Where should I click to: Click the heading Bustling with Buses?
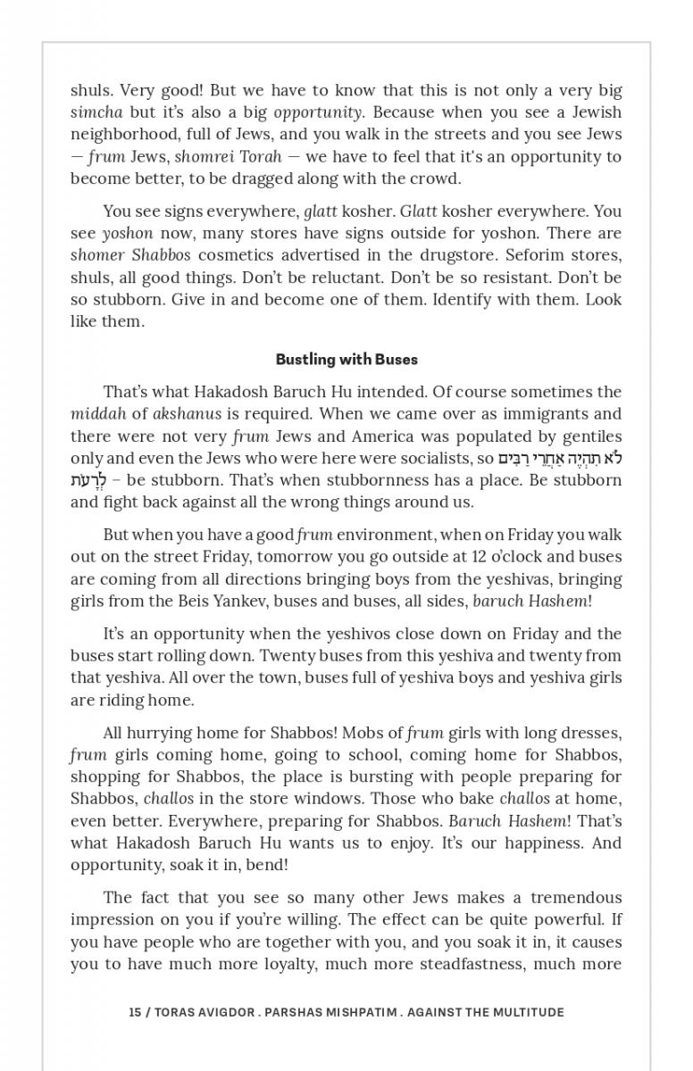tap(346, 360)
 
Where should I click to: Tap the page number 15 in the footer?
tap(135, 1012)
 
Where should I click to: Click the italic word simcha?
tap(96, 112)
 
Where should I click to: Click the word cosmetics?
tap(236, 255)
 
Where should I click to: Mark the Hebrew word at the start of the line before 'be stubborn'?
tap(87, 481)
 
